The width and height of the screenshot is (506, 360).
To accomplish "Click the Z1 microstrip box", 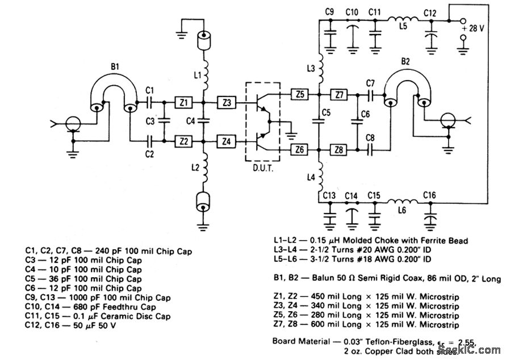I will point(184,103).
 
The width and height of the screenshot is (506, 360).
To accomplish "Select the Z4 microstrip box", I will point(227,140).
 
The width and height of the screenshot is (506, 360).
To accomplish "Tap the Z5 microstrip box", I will point(299,94).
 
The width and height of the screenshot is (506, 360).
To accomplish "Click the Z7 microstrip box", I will point(339,94).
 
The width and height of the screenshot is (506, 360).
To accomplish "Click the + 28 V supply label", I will point(472,28).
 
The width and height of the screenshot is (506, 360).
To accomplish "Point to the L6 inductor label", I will point(402,210).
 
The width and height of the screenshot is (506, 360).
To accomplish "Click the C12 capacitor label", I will point(430,12).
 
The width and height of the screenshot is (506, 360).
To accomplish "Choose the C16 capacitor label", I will point(430,196).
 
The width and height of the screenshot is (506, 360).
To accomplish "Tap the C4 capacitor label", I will point(191,120).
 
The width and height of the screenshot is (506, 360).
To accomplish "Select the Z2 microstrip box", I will point(184,140).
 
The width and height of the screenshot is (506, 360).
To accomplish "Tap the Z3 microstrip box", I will point(227,103).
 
